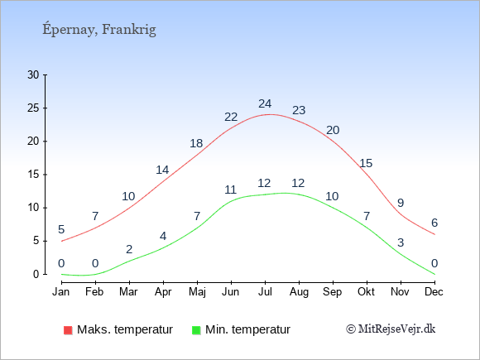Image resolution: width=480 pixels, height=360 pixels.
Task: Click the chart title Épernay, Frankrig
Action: pyautogui.click(x=99, y=30)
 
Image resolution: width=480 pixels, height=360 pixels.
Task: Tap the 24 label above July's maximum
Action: pyautogui.click(x=265, y=103)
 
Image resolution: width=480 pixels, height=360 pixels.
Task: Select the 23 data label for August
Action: pyautogui.click(x=299, y=110)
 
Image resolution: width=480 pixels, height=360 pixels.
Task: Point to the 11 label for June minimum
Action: pyautogui.click(x=231, y=190)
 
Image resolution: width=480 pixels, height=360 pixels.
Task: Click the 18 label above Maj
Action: pyautogui.click(x=196, y=143)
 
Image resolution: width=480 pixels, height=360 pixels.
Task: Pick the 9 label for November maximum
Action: pyautogui.click(x=401, y=203)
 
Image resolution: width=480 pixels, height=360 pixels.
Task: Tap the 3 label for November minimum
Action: pyautogui.click(x=401, y=242)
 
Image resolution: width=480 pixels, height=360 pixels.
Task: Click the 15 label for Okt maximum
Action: pyautogui.click(x=366, y=163)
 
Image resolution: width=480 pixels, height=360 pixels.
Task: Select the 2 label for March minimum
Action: pyautogui.click(x=129, y=249)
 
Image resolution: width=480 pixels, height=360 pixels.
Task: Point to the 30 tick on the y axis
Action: pyautogui.click(x=33, y=74)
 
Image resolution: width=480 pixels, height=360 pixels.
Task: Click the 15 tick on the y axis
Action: pyautogui.click(x=33, y=175)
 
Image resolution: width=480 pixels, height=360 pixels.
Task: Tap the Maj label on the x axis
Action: pyautogui.click(x=197, y=292)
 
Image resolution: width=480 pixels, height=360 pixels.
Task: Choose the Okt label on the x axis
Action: pyautogui.click(x=366, y=292)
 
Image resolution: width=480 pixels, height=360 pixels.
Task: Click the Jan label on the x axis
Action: pyautogui.click(x=61, y=292)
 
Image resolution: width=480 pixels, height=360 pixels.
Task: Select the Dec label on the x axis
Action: pyautogui.click(x=434, y=292)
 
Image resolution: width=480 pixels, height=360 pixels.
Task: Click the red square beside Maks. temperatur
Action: pyautogui.click(x=68, y=330)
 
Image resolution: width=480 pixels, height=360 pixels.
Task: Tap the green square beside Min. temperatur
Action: pyautogui.click(x=196, y=330)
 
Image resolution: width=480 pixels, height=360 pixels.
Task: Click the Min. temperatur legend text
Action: pyautogui.click(x=247, y=329)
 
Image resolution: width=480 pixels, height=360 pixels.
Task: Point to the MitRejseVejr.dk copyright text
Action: pyautogui.click(x=391, y=329)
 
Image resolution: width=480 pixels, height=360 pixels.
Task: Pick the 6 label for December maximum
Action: pyautogui.click(x=434, y=223)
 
